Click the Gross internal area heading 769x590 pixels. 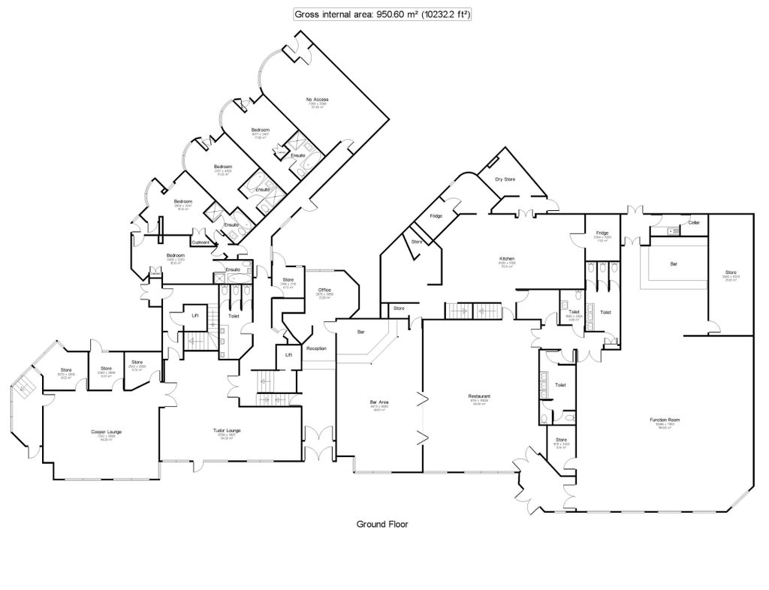pos(382,14)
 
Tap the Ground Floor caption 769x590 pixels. pos(381,525)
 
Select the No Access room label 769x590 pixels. pos(317,100)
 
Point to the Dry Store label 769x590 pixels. pos(505,179)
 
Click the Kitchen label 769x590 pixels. pos(508,259)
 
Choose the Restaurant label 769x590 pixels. pos(480,396)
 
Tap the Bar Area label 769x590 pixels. pos(378,403)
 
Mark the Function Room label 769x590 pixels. pos(665,420)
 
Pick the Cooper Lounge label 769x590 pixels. pos(107,432)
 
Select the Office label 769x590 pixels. pos(324,289)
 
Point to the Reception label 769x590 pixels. pos(316,348)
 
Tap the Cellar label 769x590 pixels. pos(694,223)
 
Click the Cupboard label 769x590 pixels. pos(201,242)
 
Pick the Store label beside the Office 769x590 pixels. pos(288,280)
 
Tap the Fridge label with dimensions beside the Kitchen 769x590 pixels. pos(602,233)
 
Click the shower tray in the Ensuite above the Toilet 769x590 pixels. pos(222,277)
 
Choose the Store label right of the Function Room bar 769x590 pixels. pos(731,272)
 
